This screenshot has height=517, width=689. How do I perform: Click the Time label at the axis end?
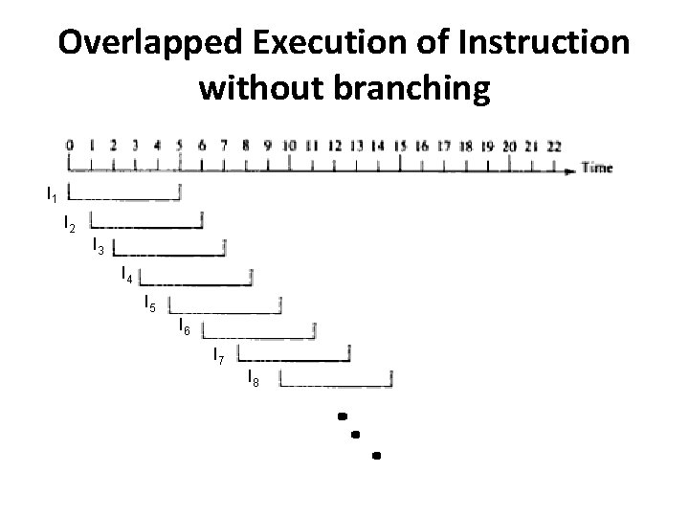(x=596, y=168)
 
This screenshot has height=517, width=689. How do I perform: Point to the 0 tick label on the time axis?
(x=69, y=146)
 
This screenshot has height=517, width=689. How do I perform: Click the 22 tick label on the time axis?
(x=553, y=146)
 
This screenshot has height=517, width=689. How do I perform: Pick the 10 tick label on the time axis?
(x=289, y=146)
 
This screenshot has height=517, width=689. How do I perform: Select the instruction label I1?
(x=52, y=195)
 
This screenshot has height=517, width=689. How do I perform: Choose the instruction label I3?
(x=99, y=247)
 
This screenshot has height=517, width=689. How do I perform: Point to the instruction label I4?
(x=126, y=278)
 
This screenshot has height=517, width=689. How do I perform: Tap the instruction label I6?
(x=185, y=330)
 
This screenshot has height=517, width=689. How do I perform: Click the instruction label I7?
(x=219, y=358)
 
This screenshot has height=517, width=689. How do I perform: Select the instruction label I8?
(x=254, y=380)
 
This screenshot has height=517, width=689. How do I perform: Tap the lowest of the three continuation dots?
(x=376, y=456)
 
